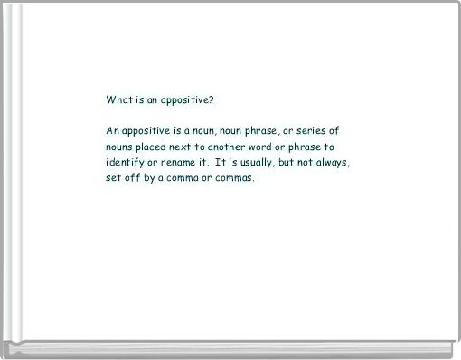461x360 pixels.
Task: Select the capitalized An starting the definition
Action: click(x=112, y=131)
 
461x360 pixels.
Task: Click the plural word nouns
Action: click(x=120, y=147)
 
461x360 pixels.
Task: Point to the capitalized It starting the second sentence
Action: click(x=221, y=162)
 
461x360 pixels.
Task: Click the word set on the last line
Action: click(x=114, y=177)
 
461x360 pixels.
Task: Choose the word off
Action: click(x=135, y=177)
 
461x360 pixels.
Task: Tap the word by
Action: click(x=155, y=177)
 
